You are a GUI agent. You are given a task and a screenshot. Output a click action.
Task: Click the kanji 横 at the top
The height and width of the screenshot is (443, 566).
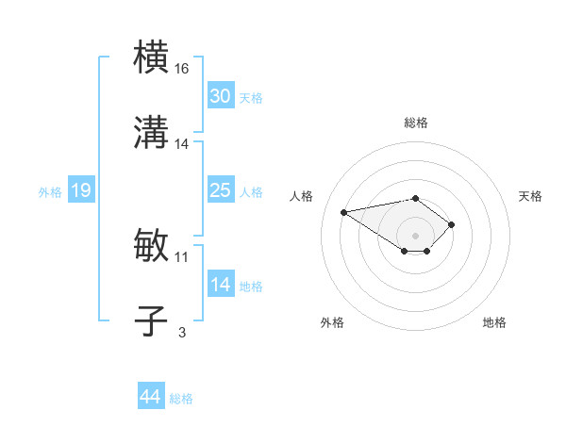point(152,57)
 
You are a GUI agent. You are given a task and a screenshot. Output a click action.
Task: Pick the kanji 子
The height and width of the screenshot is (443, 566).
point(152,320)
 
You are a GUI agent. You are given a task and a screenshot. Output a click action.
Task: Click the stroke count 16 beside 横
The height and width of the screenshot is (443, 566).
point(182,69)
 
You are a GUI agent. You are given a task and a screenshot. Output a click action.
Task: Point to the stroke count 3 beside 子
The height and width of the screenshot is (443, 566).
point(182,332)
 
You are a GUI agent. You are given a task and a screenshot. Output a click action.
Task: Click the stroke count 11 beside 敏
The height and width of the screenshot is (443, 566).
point(182,256)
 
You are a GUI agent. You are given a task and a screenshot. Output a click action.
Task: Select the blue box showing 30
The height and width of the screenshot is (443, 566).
point(220,96)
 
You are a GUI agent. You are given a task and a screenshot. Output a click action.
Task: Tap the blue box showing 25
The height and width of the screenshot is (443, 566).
point(220,190)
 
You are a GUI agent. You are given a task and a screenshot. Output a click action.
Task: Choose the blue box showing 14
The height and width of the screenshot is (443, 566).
point(220,285)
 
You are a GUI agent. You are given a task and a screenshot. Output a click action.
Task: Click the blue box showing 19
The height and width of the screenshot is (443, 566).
point(80,190)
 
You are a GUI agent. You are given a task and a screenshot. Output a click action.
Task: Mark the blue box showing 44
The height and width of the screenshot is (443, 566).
point(151,397)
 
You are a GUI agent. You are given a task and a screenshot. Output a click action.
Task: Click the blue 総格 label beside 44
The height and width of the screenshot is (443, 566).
point(181,399)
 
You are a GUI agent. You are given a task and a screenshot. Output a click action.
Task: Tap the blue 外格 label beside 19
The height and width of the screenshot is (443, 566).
point(50,191)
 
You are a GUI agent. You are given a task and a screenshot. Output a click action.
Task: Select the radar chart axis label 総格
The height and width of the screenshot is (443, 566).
point(416,123)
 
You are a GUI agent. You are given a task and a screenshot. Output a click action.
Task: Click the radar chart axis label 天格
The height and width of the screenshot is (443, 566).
point(531,196)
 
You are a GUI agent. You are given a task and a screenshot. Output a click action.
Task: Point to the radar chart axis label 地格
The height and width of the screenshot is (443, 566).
point(494,322)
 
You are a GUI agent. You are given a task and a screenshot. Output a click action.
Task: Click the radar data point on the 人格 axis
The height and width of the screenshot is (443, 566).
point(344,211)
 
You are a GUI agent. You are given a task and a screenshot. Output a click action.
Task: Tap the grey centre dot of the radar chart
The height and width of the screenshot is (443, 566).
point(416,235)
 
